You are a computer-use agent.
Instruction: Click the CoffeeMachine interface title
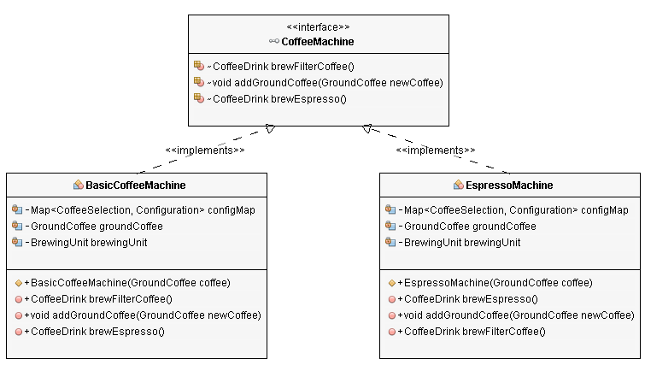click(317, 41)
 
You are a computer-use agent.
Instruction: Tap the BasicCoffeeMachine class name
click(135, 185)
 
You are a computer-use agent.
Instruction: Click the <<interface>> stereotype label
click(317, 26)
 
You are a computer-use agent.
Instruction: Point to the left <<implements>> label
click(204, 150)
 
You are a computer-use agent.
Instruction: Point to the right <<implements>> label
click(436, 150)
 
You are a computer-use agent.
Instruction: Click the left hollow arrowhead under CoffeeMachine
click(269, 129)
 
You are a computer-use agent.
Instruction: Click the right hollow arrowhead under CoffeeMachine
click(366, 129)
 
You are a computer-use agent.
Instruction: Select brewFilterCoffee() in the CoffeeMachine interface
click(282, 66)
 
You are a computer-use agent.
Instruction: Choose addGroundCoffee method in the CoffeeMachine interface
click(325, 82)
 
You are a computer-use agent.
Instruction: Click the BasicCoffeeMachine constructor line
click(126, 282)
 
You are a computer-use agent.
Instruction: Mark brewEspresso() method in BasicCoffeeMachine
click(96, 331)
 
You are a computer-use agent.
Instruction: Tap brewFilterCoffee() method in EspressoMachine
click(473, 331)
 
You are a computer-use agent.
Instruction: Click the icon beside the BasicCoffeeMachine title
click(78, 185)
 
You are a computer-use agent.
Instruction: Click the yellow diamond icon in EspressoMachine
click(391, 282)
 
